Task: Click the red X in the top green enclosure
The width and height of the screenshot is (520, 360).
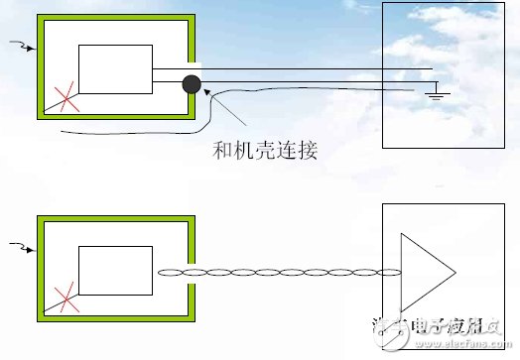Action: tap(68, 97)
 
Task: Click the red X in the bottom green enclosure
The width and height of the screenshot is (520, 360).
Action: tap(68, 297)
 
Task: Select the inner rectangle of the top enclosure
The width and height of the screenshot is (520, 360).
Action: tap(116, 69)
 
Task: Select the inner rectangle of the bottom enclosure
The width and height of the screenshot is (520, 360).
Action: tap(116, 269)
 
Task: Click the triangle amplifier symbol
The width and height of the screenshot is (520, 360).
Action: tap(423, 272)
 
